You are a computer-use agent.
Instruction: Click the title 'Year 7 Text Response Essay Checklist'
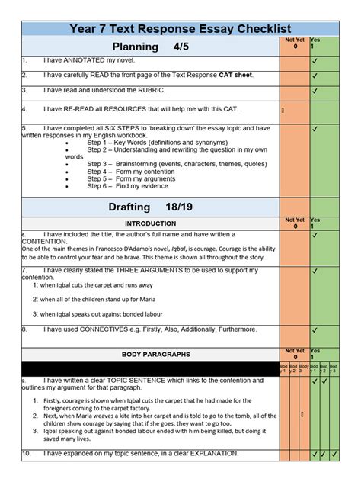180,30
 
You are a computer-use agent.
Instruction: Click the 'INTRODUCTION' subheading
149,223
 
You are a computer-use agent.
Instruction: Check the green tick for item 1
315,60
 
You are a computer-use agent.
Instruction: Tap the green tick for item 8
315,329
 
